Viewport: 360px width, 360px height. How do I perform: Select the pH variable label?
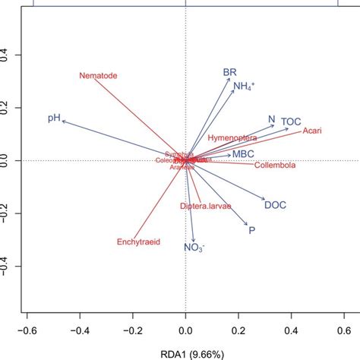[53, 118]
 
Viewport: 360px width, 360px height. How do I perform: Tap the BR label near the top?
[229, 72]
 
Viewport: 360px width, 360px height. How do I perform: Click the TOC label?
[291, 122]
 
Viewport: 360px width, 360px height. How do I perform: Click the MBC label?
[243, 154]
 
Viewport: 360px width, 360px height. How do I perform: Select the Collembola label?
[276, 165]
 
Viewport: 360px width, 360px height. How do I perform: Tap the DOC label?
[274, 204]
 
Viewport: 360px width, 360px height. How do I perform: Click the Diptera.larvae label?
[205, 207]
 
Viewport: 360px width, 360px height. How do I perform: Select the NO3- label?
[194, 248]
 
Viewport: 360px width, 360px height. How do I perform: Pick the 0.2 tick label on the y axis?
[9, 108]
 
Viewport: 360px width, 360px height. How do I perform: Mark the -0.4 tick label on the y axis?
[9, 267]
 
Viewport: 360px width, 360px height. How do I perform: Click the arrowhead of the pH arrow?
[64, 121]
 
